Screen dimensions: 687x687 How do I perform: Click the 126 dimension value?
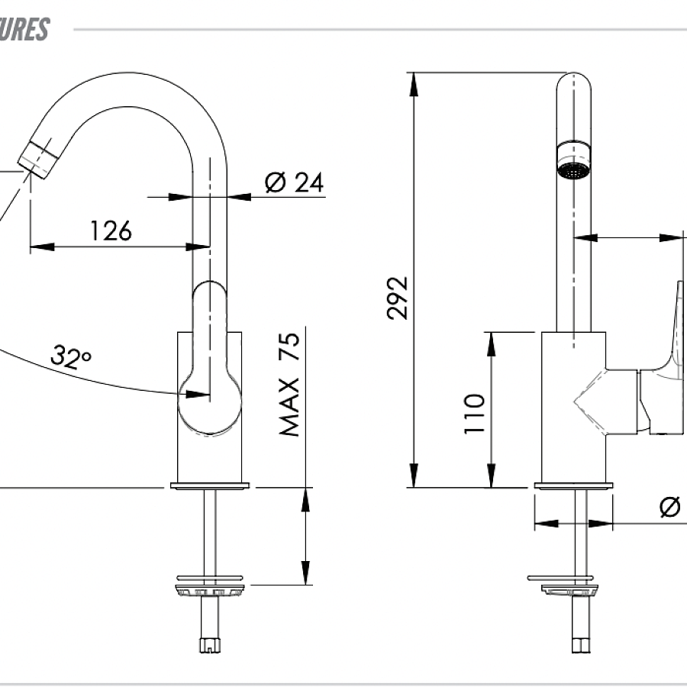[x=111, y=230]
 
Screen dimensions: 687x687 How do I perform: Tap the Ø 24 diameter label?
[x=294, y=183]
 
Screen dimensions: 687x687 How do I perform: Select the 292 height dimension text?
[x=398, y=297]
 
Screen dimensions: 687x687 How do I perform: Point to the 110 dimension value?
[x=475, y=413]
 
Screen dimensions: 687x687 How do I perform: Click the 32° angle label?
[x=71, y=356]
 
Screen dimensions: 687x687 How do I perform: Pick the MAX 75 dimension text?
[x=290, y=384]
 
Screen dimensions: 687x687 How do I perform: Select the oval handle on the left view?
[x=210, y=359]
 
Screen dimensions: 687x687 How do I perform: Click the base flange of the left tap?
[x=211, y=485]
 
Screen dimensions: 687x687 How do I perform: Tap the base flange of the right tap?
[x=573, y=485]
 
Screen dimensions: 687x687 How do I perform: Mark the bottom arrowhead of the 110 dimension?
[x=491, y=477]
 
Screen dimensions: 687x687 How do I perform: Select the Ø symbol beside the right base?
[x=670, y=506]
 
